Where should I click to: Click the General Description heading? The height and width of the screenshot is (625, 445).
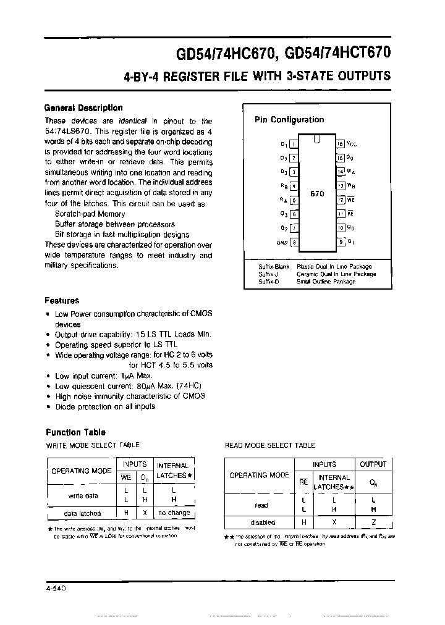(x=83, y=107)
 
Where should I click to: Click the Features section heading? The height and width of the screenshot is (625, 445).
(x=62, y=301)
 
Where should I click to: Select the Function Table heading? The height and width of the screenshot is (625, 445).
(x=76, y=432)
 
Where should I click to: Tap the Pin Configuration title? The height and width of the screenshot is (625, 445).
(x=289, y=120)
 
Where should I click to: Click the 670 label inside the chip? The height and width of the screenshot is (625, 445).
(x=317, y=193)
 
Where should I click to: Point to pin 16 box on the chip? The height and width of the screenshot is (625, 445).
(x=340, y=143)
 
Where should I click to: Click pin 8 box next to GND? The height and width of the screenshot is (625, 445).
(x=294, y=242)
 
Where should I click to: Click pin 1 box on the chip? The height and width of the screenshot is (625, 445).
(x=294, y=144)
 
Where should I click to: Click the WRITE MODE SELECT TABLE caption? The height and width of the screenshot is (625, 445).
(x=93, y=445)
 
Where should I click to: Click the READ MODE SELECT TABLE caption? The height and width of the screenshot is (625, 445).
(x=269, y=445)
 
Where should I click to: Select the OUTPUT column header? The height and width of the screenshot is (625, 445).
(x=373, y=464)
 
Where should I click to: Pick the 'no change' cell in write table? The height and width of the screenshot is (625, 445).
(x=174, y=513)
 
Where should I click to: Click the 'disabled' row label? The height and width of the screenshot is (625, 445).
(x=260, y=522)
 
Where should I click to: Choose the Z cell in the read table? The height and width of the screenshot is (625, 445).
(x=373, y=522)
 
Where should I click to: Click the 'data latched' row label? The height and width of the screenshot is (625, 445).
(x=82, y=513)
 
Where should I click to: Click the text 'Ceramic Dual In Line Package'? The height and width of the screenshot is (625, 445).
(x=336, y=274)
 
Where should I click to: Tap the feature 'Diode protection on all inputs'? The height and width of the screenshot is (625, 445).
(x=105, y=406)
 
